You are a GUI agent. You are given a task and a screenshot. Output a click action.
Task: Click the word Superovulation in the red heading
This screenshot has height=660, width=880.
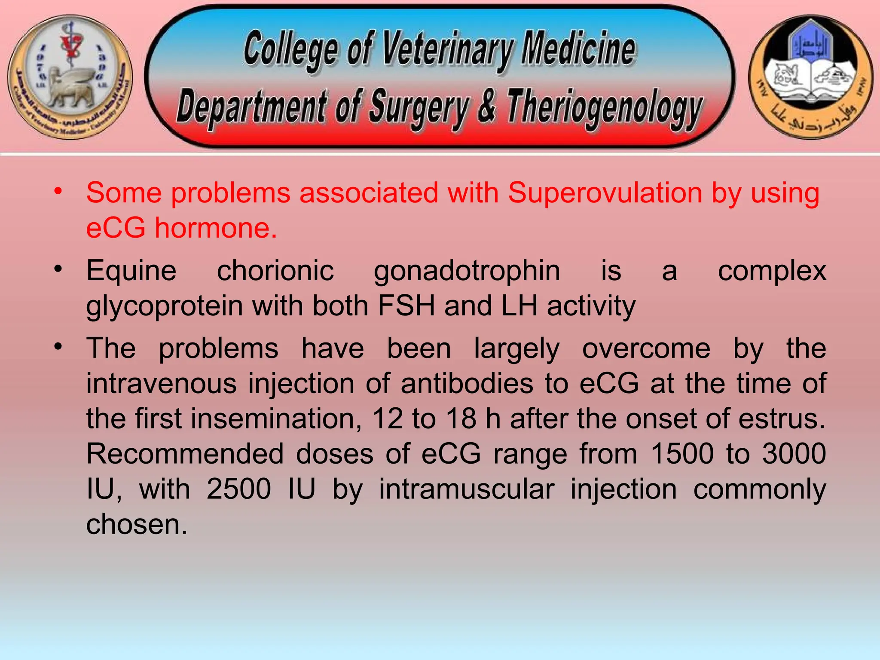click(605, 193)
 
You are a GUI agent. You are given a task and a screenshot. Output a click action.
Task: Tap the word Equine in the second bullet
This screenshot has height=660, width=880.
click(131, 271)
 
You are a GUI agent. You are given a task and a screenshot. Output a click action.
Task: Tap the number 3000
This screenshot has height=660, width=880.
click(794, 454)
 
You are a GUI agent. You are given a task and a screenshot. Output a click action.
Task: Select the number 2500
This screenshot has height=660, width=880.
click(238, 489)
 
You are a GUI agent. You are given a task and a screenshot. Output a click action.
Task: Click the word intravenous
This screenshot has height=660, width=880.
click(162, 383)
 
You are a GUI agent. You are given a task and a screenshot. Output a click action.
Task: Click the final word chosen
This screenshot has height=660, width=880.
click(137, 524)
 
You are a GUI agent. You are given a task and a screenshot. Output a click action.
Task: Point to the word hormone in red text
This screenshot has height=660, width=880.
click(216, 228)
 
